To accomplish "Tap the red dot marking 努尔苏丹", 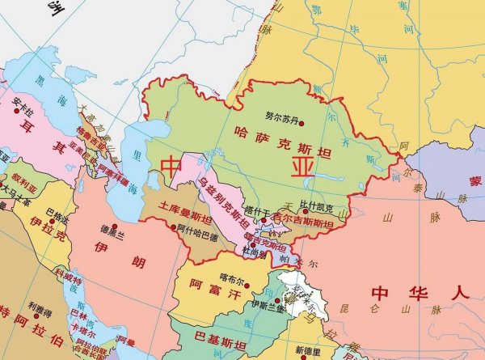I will [302, 123].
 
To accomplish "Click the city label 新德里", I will [307, 350].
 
